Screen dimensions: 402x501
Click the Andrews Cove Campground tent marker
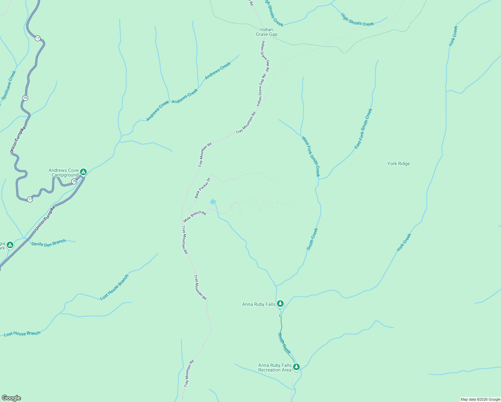83,172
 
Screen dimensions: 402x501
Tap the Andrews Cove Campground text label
64,173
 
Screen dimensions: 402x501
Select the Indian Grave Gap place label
267,32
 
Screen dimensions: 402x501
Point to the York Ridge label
399,163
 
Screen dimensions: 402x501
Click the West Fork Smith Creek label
311,156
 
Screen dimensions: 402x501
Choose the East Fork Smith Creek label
363,129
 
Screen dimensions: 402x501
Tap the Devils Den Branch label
49,243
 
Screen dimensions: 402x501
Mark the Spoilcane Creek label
9,85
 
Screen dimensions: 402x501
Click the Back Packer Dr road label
202,188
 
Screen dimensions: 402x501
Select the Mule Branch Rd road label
195,216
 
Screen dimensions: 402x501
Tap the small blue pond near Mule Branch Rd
213,202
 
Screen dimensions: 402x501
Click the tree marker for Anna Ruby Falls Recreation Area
296,367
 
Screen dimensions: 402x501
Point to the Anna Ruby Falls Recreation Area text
275,367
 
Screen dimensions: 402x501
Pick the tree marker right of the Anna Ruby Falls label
280,304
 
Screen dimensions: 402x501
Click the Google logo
11,398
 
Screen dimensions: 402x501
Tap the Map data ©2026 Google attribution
480,399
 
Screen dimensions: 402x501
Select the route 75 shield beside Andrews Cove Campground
74,181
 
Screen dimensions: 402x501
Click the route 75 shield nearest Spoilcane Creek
25,98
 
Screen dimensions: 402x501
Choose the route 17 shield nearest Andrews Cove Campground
30,199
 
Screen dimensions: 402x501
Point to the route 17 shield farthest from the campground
38,38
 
